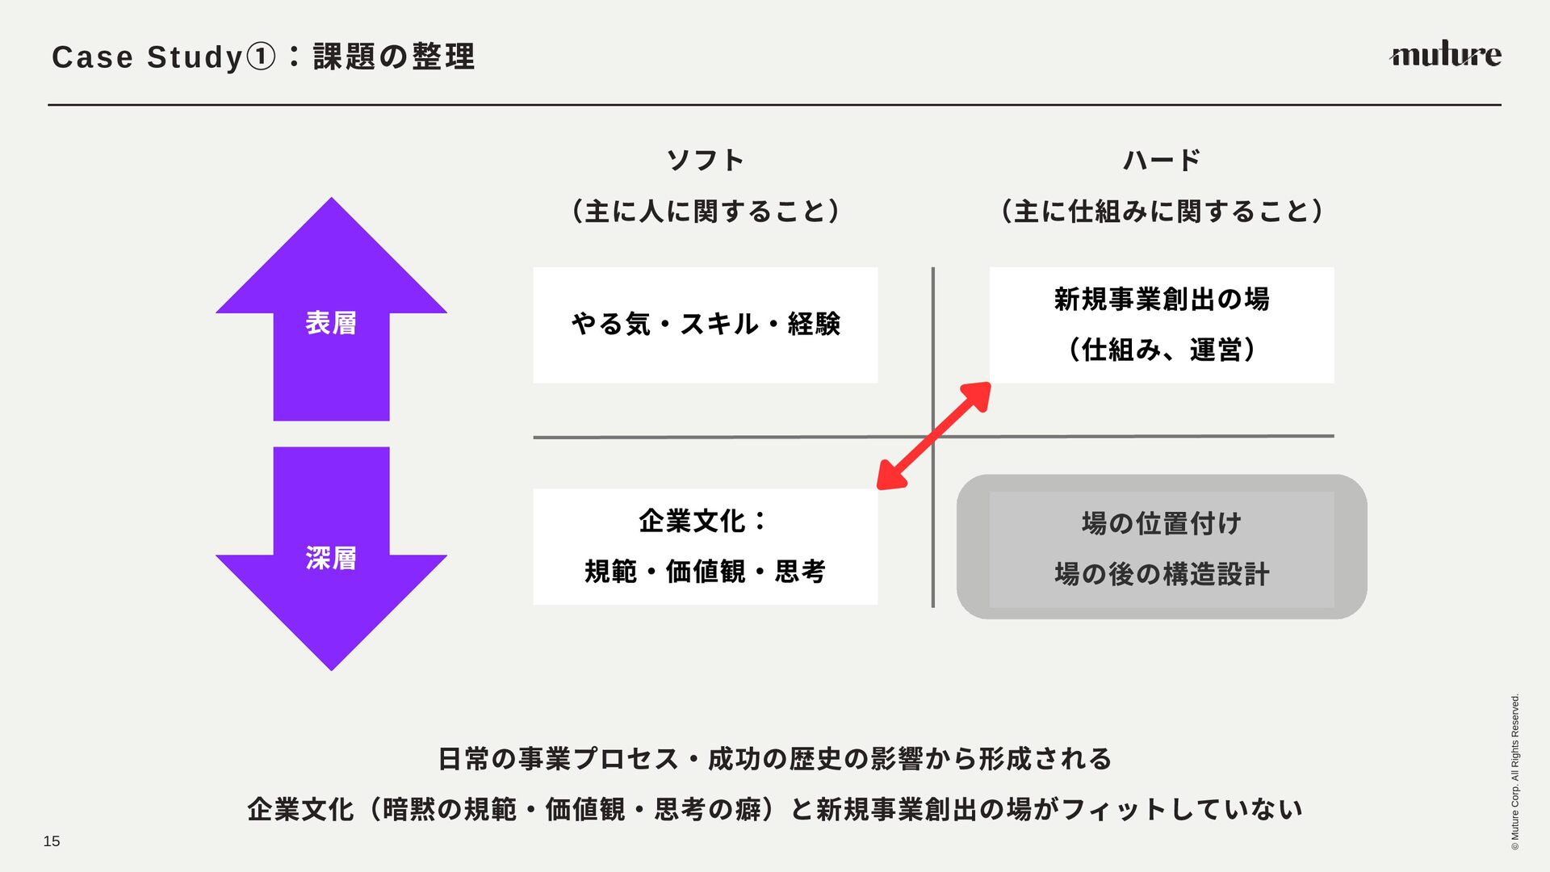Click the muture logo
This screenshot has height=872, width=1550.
tap(1444, 54)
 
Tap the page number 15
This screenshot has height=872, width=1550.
tap(52, 841)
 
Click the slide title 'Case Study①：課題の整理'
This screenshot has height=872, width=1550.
tap(263, 57)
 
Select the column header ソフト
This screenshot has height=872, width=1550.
tap(705, 160)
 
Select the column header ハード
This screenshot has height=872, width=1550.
tap(1162, 160)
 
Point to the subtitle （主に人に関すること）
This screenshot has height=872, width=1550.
tap(705, 212)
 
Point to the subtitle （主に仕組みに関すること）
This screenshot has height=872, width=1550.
tap(1162, 212)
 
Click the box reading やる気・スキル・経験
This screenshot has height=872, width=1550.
tap(705, 325)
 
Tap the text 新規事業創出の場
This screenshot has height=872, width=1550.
tap(1162, 300)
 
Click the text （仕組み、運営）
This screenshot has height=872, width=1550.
tap(1162, 350)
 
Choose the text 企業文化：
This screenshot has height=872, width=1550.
tap(703, 522)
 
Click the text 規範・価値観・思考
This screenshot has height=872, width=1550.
tap(705, 572)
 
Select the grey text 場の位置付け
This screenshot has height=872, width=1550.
tap(1162, 523)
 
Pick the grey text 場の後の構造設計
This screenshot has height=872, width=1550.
tap(1162, 574)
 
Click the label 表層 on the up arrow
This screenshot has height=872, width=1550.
tap(331, 323)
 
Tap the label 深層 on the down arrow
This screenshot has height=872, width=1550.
tap(331, 558)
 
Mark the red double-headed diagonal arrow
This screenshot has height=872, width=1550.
tap(934, 436)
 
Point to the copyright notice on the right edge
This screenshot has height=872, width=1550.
tap(1515, 771)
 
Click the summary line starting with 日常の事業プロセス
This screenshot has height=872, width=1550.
tap(775, 759)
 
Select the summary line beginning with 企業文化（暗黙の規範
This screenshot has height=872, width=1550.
tap(775, 809)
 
